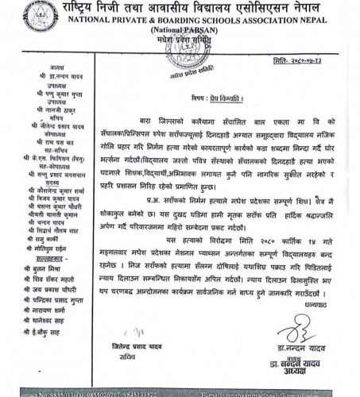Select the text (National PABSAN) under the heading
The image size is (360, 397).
[x=180, y=33]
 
